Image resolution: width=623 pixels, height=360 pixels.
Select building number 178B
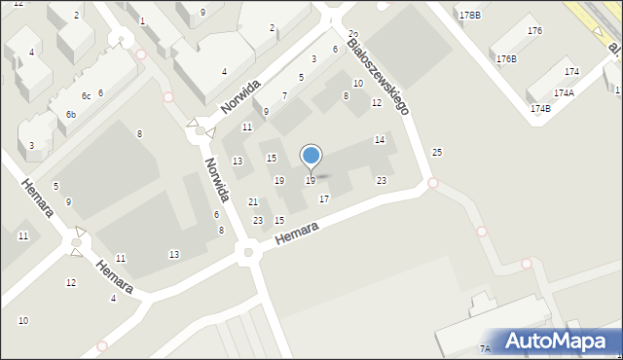(470, 16)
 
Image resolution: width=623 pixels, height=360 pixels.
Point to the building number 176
(534, 31)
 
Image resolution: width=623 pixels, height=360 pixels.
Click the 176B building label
(506, 59)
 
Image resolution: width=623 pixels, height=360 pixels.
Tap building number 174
(571, 72)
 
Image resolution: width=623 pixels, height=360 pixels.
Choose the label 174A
(564, 92)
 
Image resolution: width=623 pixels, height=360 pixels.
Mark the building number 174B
(541, 108)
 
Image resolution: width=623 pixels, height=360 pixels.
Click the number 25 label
(437, 152)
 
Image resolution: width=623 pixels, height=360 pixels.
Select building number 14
(380, 140)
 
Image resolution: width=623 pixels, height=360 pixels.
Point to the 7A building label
(484, 348)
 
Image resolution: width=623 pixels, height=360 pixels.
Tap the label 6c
(86, 95)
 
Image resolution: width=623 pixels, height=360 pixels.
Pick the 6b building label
(70, 115)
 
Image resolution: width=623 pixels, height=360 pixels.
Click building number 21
(253, 201)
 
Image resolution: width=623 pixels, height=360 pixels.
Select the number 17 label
(324, 198)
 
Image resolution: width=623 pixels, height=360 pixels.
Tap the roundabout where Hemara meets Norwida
(247, 254)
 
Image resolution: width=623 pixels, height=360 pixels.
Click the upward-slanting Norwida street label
(239, 96)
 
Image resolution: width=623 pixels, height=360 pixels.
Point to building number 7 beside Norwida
(284, 95)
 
